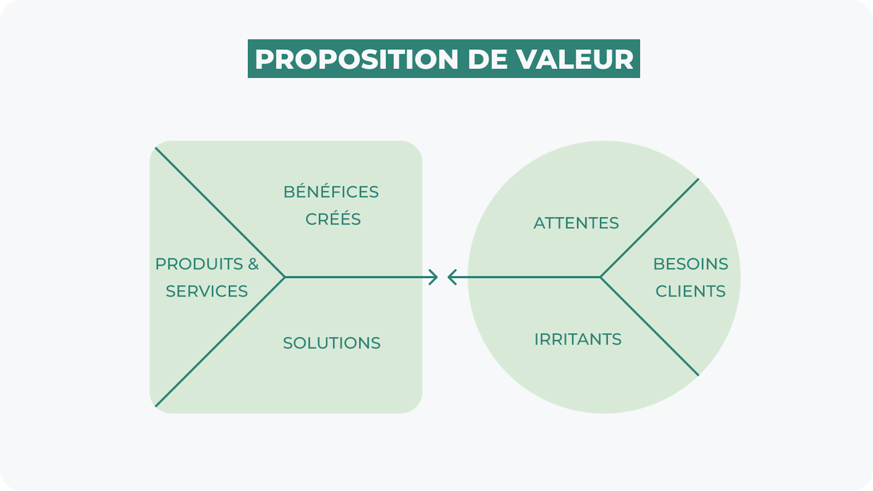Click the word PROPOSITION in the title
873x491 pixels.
[x=357, y=59]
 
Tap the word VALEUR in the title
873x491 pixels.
[x=575, y=59]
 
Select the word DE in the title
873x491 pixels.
[x=487, y=59]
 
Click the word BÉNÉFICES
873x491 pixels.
[x=331, y=192]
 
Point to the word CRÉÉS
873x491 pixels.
[x=333, y=219]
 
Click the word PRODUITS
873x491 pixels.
[x=199, y=264]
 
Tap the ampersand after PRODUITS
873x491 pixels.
[x=253, y=264]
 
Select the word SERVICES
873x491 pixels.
[x=207, y=291]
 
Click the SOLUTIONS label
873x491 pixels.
[x=331, y=343]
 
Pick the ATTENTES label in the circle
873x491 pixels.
[x=576, y=223]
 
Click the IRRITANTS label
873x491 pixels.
[x=578, y=339]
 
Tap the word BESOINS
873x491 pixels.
[x=691, y=264]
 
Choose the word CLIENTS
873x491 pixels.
[x=691, y=291]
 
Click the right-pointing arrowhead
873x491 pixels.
[x=434, y=277]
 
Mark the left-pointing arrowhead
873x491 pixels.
[x=452, y=277]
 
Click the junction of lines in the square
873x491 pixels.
[x=285, y=277]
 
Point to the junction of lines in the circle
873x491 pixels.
[x=601, y=277]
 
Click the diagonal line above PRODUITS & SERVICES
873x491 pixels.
[x=220, y=212]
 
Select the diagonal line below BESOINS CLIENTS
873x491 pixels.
[x=649, y=326]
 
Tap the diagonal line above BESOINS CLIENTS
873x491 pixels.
[x=649, y=228]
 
